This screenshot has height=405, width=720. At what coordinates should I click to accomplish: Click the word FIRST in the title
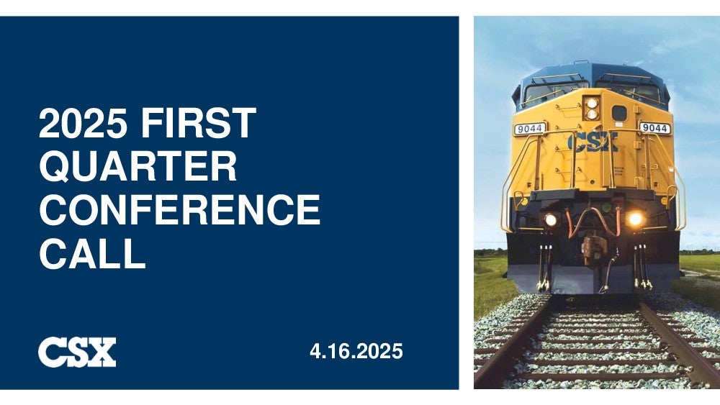(199, 123)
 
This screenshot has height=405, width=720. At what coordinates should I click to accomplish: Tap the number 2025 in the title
(84, 123)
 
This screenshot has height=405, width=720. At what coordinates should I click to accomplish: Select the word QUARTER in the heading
(138, 166)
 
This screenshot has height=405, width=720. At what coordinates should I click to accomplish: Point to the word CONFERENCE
(180, 209)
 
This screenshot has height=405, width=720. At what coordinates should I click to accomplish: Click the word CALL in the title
(93, 252)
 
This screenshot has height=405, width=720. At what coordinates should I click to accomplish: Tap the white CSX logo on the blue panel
(77, 352)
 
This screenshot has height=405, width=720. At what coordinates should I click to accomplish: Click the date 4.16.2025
(356, 351)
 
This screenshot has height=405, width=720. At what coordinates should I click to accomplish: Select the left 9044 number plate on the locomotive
(530, 129)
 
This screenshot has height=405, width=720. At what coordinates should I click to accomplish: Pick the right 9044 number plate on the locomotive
(654, 128)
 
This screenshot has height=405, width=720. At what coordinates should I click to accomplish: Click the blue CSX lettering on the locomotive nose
(593, 142)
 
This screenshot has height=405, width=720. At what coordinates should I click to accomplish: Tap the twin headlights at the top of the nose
(592, 108)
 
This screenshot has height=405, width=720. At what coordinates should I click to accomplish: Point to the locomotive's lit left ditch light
(551, 219)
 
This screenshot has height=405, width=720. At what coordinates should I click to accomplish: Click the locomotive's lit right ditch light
(636, 219)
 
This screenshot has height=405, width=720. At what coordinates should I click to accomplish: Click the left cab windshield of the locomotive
(554, 91)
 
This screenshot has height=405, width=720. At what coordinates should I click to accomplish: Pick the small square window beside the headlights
(619, 113)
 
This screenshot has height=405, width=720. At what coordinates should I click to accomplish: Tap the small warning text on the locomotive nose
(619, 171)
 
